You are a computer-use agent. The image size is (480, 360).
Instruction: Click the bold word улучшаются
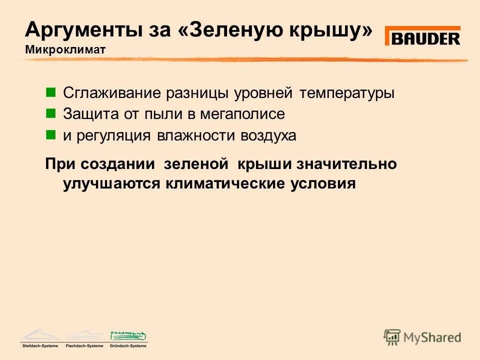pyautogui.click(x=111, y=184)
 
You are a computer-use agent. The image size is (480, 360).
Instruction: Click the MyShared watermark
pyautogui.click(x=422, y=337)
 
